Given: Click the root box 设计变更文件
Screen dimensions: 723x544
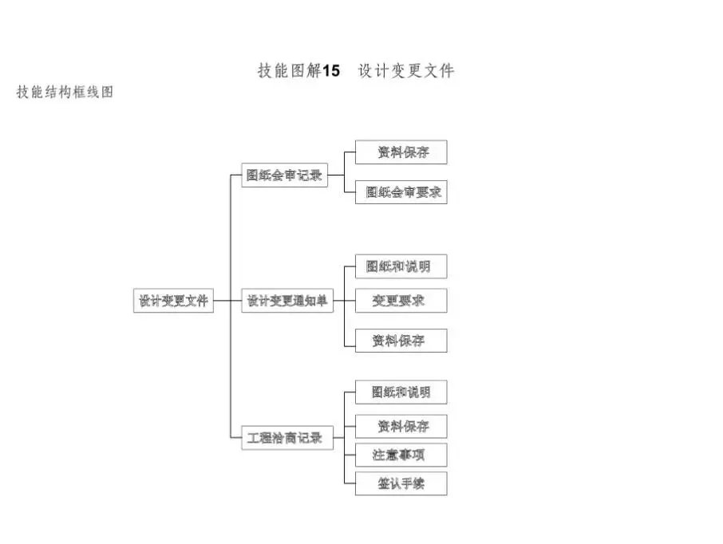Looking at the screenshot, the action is [173, 301].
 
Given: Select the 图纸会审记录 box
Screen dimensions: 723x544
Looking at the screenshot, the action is [285, 175].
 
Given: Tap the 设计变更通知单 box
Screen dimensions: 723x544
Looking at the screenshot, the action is [287, 301].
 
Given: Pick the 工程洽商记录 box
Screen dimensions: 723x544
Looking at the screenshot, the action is [287, 437].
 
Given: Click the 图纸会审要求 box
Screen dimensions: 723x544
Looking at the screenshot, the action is [401, 192].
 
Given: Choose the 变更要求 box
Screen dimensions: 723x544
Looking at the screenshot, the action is [401, 301].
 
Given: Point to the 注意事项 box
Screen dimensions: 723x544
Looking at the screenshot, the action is [401, 455].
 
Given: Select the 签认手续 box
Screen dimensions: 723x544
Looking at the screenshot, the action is [401, 483].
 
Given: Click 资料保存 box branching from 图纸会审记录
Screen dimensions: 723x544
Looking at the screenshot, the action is [401, 152].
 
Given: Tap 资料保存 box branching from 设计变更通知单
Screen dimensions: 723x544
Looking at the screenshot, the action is [401, 341].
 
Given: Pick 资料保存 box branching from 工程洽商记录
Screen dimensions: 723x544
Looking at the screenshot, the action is [401, 427].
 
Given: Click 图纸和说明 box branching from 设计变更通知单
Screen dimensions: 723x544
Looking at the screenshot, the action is [401, 266].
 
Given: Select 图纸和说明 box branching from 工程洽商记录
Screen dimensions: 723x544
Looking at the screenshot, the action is [401, 392].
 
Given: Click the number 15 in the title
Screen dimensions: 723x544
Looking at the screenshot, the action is [331, 71].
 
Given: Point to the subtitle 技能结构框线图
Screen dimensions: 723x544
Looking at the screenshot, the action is [65, 92].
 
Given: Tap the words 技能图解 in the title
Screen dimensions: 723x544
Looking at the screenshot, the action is [290, 70].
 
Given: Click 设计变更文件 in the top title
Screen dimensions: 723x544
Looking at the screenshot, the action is [407, 70].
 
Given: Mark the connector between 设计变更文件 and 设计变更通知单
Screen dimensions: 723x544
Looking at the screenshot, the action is [227, 301].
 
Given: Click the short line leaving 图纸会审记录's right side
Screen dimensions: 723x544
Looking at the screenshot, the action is [336, 175].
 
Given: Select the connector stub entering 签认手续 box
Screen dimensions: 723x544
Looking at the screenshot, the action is [350, 483].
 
